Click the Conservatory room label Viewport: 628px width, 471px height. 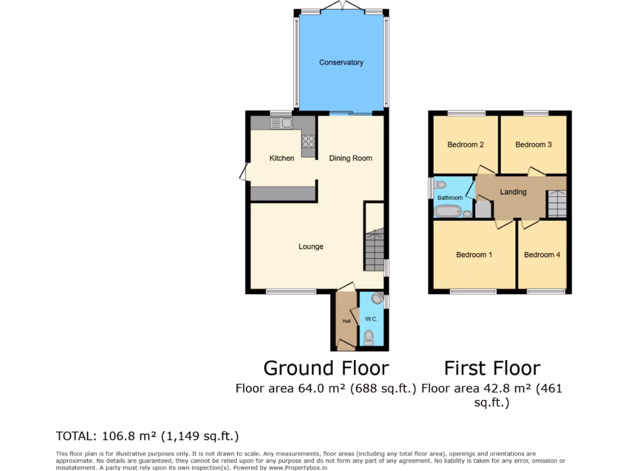tap(341, 63)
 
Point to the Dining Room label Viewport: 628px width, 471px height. tap(350, 158)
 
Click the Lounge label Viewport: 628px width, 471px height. tap(310, 247)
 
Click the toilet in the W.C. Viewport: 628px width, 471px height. tap(369, 337)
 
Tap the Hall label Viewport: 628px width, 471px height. tap(346, 321)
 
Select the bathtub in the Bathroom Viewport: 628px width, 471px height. tap(447, 212)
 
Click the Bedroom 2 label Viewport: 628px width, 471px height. tap(465, 145)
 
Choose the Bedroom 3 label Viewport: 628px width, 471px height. tap(533, 145)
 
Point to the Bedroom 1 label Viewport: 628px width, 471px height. tap(474, 255)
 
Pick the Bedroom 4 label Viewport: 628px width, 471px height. tap(542, 255)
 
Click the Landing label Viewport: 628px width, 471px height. tap(513, 192)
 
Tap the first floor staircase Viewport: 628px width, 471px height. tap(556, 204)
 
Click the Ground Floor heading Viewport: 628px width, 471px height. tap(326, 368)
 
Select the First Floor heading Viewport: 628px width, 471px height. tap(492, 368)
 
